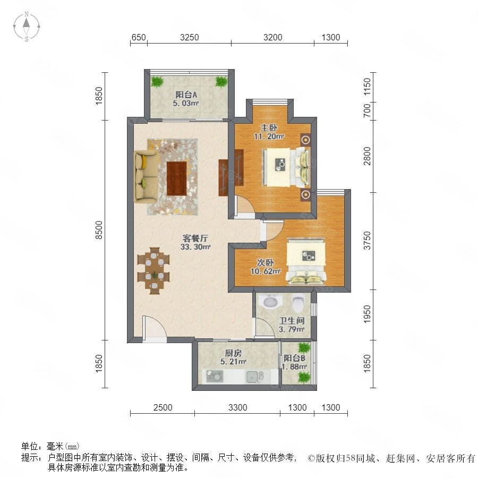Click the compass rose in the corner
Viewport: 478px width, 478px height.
tap(27, 27)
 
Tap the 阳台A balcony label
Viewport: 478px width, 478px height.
tap(186, 95)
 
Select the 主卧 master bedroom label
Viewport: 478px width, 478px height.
tap(269, 127)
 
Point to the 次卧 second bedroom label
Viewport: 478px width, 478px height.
tap(265, 262)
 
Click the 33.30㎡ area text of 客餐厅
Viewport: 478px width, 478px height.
tap(195, 247)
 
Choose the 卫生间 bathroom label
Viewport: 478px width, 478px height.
tap(292, 320)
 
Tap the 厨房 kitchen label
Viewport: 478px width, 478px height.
tap(233, 353)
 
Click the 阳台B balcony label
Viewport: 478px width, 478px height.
tap(294, 358)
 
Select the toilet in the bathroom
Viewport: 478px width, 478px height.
tap(298, 302)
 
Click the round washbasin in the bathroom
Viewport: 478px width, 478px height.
tap(270, 302)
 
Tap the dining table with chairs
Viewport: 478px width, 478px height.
tap(153, 271)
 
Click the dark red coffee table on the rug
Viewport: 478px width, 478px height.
tap(176, 178)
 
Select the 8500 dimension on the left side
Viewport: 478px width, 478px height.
tap(99, 230)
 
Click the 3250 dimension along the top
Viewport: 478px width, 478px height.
tap(189, 37)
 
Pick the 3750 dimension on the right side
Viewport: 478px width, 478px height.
tap(367, 241)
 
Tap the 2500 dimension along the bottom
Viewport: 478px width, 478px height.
tap(163, 407)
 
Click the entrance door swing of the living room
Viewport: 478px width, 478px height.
tap(155, 327)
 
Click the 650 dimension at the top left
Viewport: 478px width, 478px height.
tap(139, 37)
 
